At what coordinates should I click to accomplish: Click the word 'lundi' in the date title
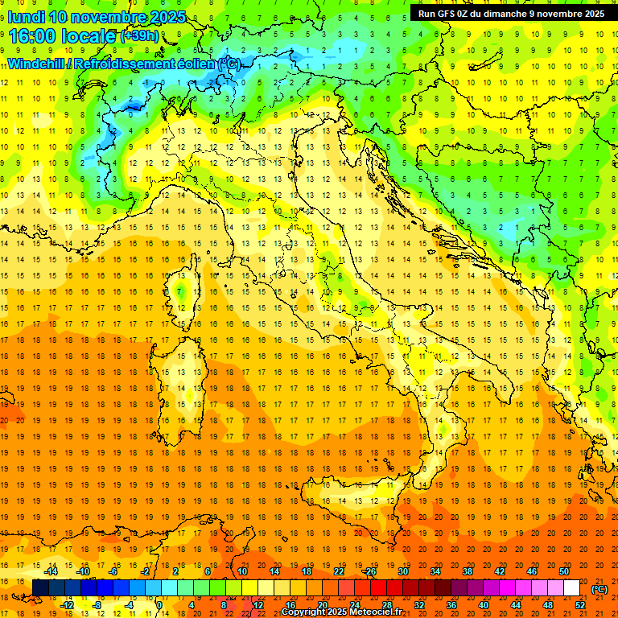(x=26, y=17)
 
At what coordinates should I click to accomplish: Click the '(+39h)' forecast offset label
(x=139, y=36)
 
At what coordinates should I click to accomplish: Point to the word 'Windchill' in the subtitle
(x=37, y=64)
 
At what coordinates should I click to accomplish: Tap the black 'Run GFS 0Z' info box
(x=511, y=14)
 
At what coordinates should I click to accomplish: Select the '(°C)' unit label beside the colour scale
(x=599, y=589)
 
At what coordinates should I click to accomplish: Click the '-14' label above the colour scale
(x=51, y=571)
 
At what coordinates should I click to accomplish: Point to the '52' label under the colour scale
(x=580, y=605)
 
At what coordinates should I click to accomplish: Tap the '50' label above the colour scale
(x=564, y=571)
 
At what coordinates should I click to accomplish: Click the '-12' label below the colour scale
(x=68, y=605)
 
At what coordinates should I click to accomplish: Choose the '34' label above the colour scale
(x=435, y=571)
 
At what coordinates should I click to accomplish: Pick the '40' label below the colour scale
(x=484, y=605)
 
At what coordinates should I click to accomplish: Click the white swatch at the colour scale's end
(x=572, y=588)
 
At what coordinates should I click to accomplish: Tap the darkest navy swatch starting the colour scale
(x=40, y=588)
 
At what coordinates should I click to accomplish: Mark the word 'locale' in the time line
(x=86, y=36)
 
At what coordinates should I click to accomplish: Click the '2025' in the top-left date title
(x=167, y=17)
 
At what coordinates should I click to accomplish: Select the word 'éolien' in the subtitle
(x=196, y=64)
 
